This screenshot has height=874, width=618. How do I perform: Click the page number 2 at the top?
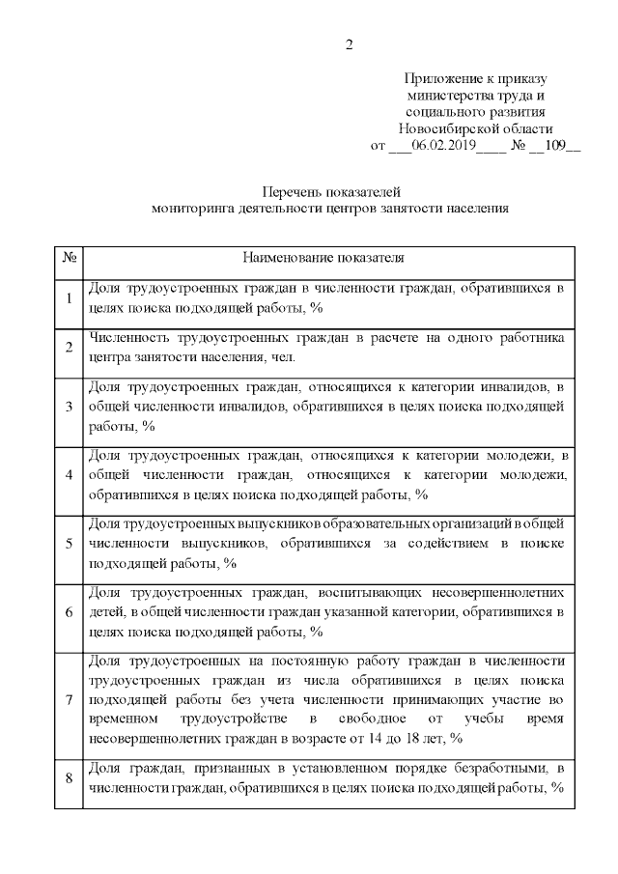(351, 44)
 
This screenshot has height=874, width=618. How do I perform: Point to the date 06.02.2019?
(444, 146)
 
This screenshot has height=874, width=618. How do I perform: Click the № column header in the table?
(70, 259)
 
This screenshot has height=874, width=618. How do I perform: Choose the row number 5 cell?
(70, 544)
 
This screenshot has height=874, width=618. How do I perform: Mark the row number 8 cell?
(70, 778)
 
